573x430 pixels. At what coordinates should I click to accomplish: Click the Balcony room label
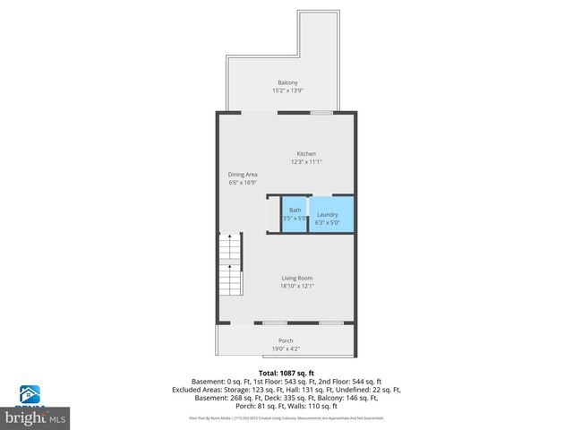(286, 83)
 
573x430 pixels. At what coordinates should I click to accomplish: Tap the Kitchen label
(305, 154)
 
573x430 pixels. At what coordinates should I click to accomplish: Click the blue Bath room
(295, 214)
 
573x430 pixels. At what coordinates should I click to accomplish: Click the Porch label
(286, 340)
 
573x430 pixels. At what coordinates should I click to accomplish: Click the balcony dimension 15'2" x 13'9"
(286, 90)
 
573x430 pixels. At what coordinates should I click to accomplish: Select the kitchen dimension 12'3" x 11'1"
(305, 162)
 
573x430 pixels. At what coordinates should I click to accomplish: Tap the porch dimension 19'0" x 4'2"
(286, 348)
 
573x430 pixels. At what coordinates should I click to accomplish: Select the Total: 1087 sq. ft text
(286, 372)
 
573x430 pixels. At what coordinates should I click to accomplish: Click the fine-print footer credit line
(286, 417)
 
